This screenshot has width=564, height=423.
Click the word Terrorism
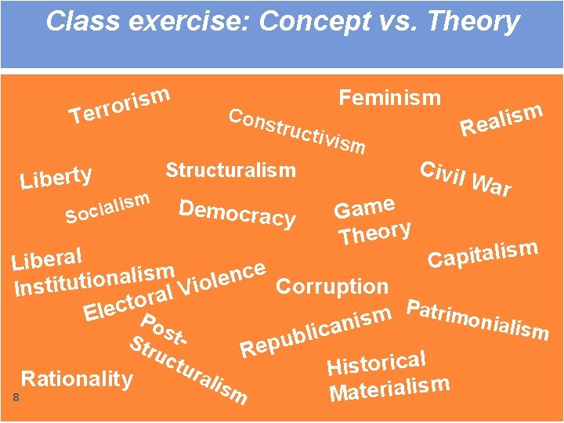point(120,105)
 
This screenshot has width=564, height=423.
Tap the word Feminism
point(389,98)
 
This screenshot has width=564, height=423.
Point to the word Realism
point(501,119)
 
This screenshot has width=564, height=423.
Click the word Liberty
point(56,177)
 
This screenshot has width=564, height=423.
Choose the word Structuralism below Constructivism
point(230,170)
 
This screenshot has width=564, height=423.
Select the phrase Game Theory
point(373,221)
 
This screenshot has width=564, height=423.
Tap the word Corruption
point(333,287)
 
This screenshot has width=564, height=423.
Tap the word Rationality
point(77,379)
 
